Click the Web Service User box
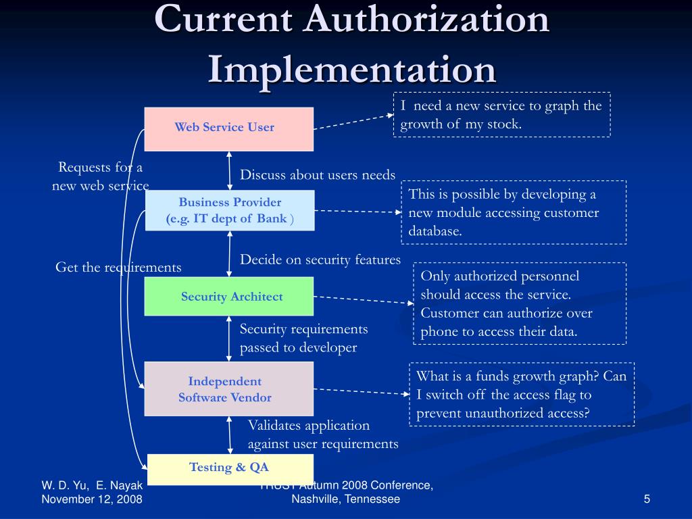click(x=228, y=128)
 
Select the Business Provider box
click(x=230, y=210)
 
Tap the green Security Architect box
click(x=229, y=296)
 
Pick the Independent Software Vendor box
click(x=228, y=389)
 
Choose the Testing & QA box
click(x=230, y=468)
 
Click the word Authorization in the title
click(x=426, y=20)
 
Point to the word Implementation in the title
click(x=351, y=69)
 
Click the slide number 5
click(x=647, y=499)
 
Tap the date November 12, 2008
click(x=92, y=499)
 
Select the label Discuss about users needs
click(x=318, y=175)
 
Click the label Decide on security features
click(x=320, y=259)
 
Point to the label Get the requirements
click(x=118, y=268)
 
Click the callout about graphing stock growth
click(x=501, y=115)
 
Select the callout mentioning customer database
click(x=514, y=212)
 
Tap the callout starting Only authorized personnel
click(x=519, y=303)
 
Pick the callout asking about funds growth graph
click(x=521, y=395)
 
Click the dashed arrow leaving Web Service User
click(x=353, y=121)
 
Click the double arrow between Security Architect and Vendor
click(x=230, y=338)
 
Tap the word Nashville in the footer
click(x=316, y=499)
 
